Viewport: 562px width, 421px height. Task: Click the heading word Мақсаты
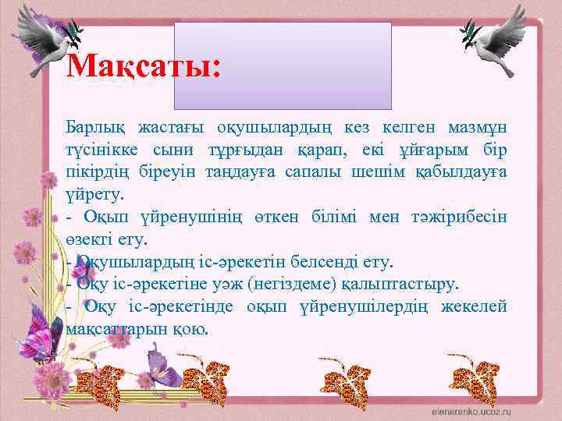(x=144, y=66)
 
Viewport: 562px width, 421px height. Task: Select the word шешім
(x=382, y=169)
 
